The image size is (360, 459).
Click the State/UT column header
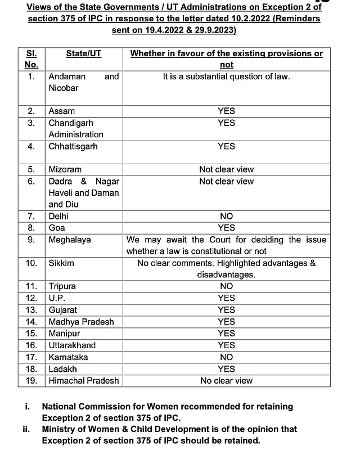(x=84, y=53)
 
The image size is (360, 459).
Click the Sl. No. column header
(x=31, y=59)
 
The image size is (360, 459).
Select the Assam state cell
(x=62, y=111)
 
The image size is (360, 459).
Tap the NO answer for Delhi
(x=226, y=216)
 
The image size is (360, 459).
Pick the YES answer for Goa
(x=226, y=228)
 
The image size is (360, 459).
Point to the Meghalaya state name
(x=70, y=240)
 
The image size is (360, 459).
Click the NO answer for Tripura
(x=226, y=286)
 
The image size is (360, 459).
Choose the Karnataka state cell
(x=68, y=357)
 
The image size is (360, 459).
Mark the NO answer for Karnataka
(x=226, y=357)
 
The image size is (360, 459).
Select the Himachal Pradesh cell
(x=84, y=381)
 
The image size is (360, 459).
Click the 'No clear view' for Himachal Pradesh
(x=226, y=381)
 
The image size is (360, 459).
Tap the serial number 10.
(x=31, y=263)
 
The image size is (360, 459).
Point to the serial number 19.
(x=31, y=381)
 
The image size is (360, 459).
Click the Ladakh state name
(x=63, y=369)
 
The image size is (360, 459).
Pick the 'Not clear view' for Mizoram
(x=226, y=169)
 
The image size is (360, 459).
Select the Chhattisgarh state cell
(x=73, y=146)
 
